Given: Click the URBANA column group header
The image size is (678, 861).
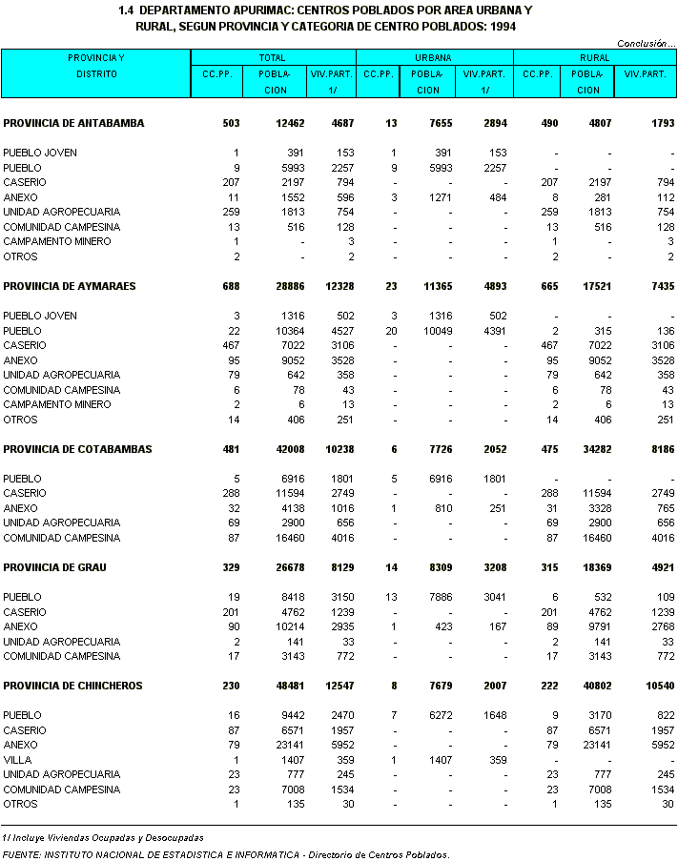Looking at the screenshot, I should click(x=434, y=58).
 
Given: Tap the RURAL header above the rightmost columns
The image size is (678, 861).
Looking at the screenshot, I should click(x=594, y=58).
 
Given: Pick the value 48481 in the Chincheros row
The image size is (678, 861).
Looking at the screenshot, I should click(x=290, y=686).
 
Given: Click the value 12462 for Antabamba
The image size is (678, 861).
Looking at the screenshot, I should click(x=290, y=123).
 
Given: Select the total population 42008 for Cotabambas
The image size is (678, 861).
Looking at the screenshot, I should click(x=290, y=449).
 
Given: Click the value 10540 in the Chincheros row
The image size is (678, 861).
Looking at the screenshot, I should click(x=658, y=686).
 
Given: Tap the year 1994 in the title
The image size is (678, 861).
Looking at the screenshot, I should click(x=503, y=27).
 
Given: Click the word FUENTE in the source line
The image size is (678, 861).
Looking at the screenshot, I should click(x=21, y=854).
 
